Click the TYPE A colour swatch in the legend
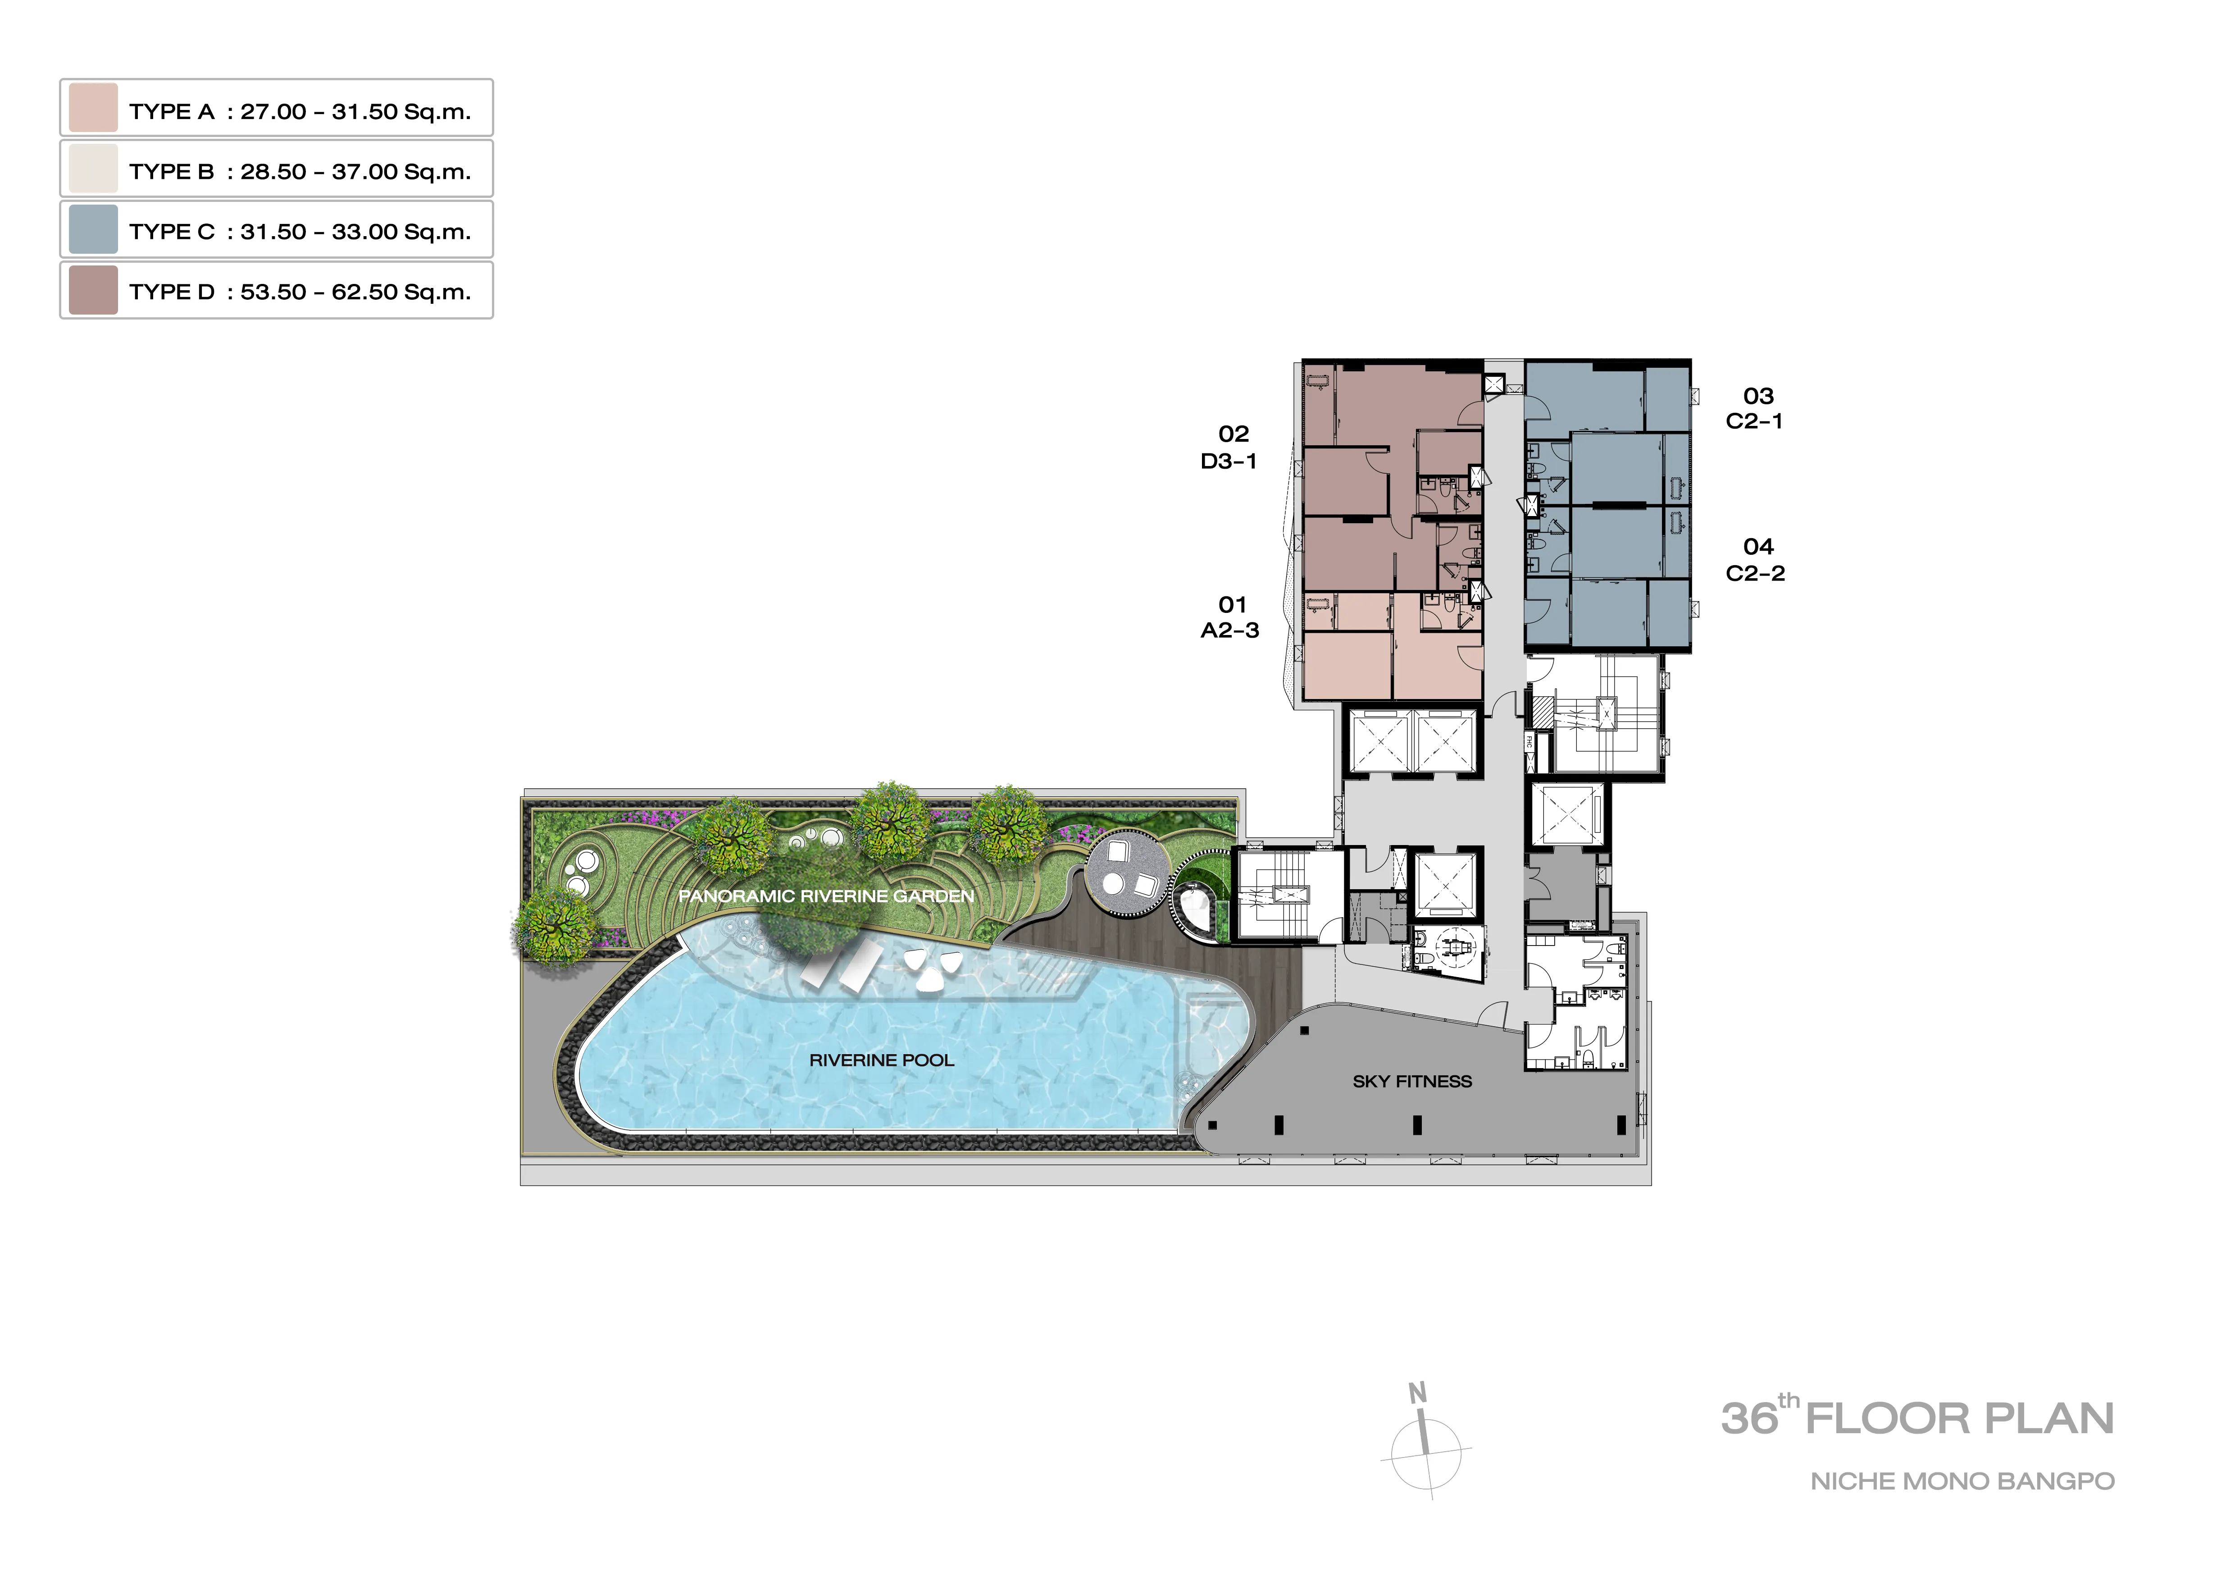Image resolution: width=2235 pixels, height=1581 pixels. pos(93,108)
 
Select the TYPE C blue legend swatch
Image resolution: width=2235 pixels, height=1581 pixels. pos(93,229)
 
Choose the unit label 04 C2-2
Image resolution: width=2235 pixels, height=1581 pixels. pos(1756,560)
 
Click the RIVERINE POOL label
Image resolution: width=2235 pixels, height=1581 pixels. pos(882,1060)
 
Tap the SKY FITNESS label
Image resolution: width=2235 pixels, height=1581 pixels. pos(1412,1082)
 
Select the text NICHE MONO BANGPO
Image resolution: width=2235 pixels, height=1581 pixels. pos(1962,1482)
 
